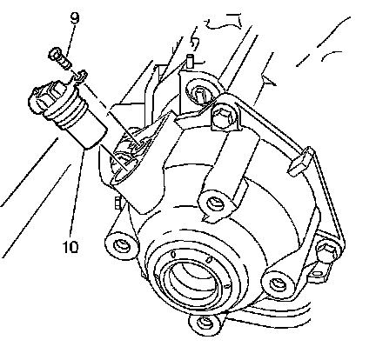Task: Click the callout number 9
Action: [x=74, y=18]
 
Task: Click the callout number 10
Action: [x=70, y=247]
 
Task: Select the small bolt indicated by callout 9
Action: [x=59, y=58]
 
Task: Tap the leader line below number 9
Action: [x=70, y=38]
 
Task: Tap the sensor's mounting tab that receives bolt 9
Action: [x=79, y=77]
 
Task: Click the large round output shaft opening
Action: [x=191, y=278]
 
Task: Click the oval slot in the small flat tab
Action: [x=318, y=273]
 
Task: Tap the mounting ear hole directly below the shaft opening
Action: [x=205, y=323]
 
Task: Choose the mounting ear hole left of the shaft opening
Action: [x=120, y=245]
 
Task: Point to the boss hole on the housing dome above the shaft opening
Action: [x=214, y=203]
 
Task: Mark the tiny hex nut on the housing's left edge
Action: [x=117, y=203]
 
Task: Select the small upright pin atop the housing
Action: [x=191, y=60]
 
